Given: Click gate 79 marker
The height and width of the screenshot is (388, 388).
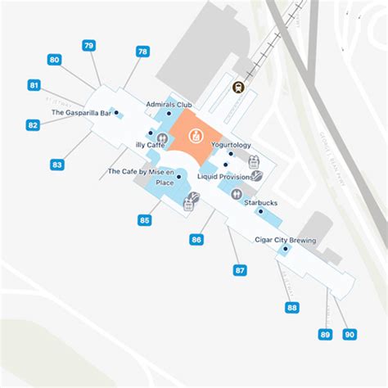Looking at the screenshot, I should pos(88,46).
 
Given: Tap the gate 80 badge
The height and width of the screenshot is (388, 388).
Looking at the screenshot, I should pos(54,60).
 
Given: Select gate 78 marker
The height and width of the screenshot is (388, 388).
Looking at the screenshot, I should pos(142,51).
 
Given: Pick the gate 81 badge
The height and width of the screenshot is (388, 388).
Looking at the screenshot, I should pos(34,85).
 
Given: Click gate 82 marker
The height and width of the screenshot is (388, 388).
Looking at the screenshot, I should pos(33,125).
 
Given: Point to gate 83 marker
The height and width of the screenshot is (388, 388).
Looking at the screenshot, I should pos(56,165).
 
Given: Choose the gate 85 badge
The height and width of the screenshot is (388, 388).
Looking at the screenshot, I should pos(145,220).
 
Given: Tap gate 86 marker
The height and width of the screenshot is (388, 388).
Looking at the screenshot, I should pos(196,240).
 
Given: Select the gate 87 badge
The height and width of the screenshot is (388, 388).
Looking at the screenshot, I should pos(240,270).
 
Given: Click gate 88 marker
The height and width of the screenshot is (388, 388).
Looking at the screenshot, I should pos(292,308).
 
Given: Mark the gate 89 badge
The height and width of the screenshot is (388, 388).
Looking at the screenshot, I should pos(326,334).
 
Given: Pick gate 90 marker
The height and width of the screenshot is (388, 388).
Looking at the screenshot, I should pos(350,334).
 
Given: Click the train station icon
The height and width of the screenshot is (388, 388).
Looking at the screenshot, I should pos(238,88).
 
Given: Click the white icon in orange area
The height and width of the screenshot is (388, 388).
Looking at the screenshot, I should pos(195,135).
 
